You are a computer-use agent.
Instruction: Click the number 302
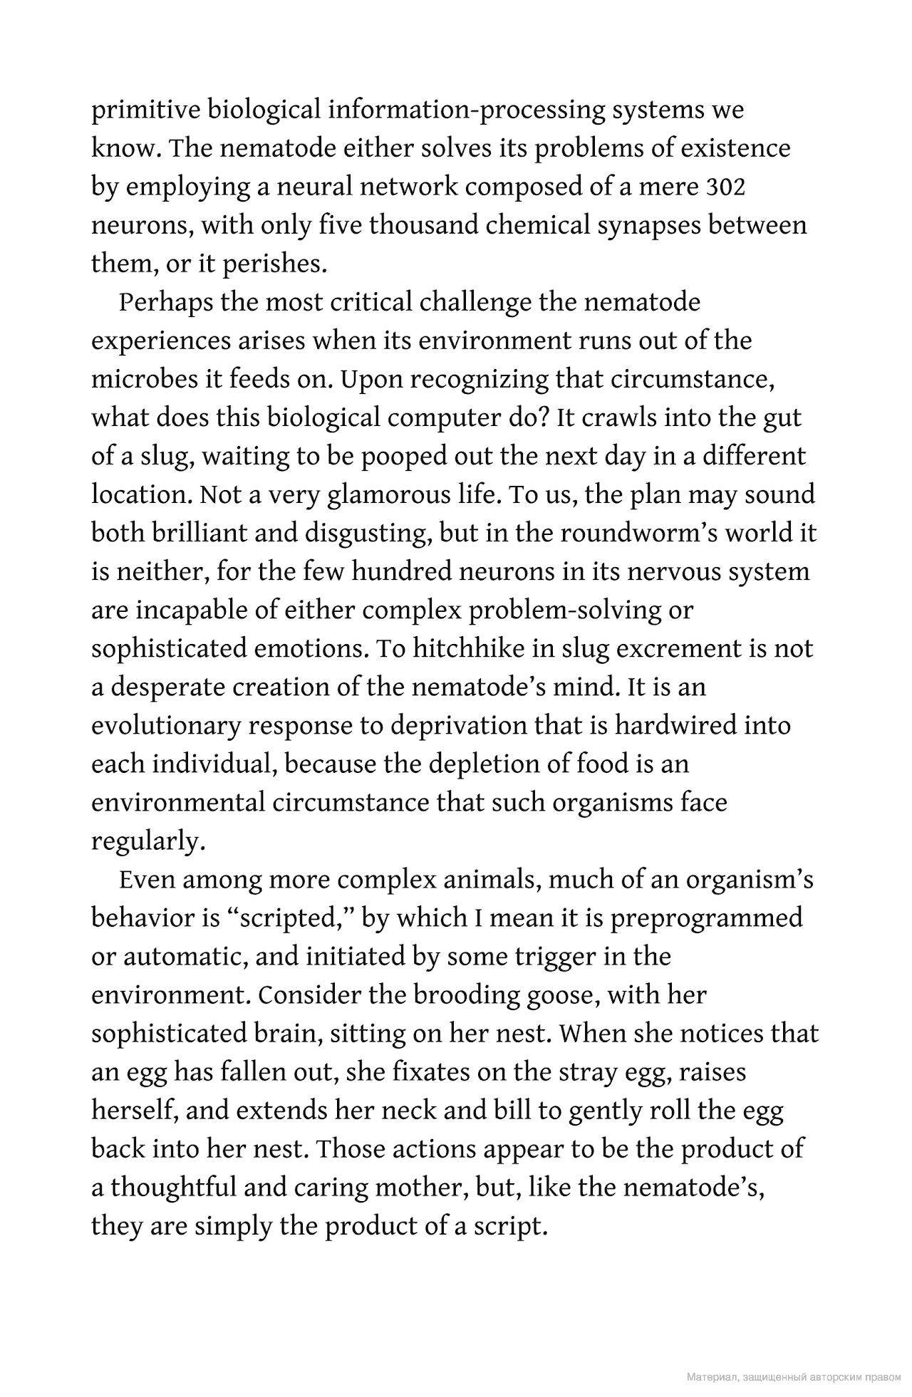pos(725,187)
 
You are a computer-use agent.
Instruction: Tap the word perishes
pos(275,264)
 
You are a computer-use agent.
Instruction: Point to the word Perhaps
pos(166,303)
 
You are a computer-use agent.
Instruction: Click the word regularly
pos(148,841)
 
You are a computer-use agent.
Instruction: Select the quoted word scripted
pos(291,918)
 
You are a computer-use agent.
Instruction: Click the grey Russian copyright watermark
pos(793,1378)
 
